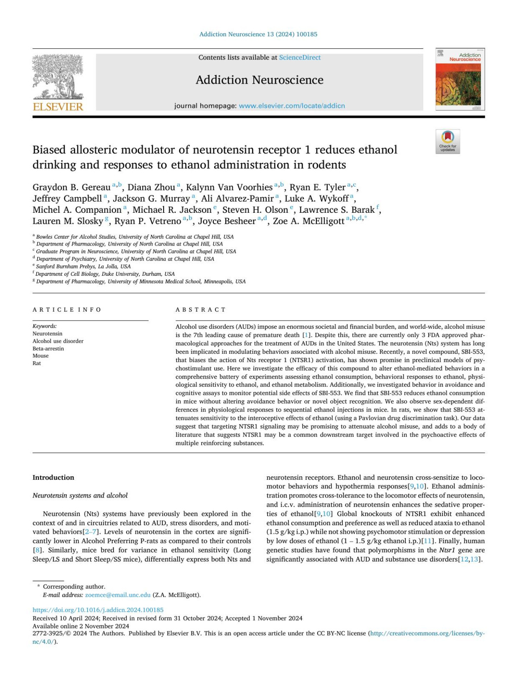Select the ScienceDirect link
click(x=300, y=57)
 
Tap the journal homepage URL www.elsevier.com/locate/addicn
click(x=291, y=106)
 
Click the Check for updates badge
click(x=448, y=141)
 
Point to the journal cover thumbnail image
click(x=460, y=80)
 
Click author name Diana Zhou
click(x=151, y=187)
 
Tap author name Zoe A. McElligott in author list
click(x=309, y=221)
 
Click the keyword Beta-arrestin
click(x=48, y=348)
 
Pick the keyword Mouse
click(x=41, y=356)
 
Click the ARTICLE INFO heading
click(x=67, y=309)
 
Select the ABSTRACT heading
click(x=201, y=309)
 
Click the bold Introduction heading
click(x=53, y=477)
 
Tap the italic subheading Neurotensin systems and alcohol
click(x=80, y=495)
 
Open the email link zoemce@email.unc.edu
click(x=118, y=595)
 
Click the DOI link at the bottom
click(x=98, y=610)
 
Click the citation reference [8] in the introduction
click(x=38, y=550)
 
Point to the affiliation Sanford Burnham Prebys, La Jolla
click(x=83, y=266)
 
